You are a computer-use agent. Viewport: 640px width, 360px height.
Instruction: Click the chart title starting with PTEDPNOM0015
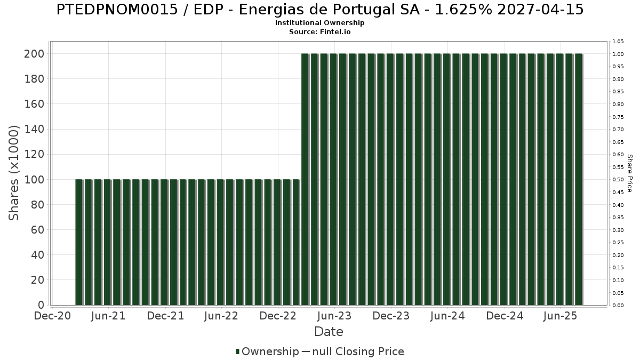tap(319, 10)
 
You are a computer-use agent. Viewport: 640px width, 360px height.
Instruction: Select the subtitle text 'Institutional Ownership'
tap(319, 23)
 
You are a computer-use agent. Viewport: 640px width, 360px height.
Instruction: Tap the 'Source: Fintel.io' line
tap(319, 32)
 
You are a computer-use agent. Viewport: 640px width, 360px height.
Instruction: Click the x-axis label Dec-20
tap(52, 316)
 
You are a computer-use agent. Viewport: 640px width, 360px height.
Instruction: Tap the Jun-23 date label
tap(334, 316)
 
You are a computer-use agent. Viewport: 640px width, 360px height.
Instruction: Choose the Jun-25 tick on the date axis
tap(561, 316)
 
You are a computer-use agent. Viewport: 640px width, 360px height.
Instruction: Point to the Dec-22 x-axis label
tap(278, 316)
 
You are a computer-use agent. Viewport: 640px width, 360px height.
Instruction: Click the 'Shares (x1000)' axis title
tap(14, 172)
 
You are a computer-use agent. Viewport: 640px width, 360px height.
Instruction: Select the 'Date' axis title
tap(329, 332)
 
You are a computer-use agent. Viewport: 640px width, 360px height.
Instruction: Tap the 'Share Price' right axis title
tap(629, 173)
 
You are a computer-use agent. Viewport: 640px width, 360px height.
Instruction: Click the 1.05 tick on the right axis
tap(618, 42)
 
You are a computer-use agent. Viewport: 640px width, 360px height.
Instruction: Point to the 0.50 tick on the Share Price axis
tap(618, 180)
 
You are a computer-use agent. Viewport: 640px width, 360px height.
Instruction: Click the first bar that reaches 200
tap(305, 179)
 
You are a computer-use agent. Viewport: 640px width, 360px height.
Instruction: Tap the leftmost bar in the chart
tap(79, 242)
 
